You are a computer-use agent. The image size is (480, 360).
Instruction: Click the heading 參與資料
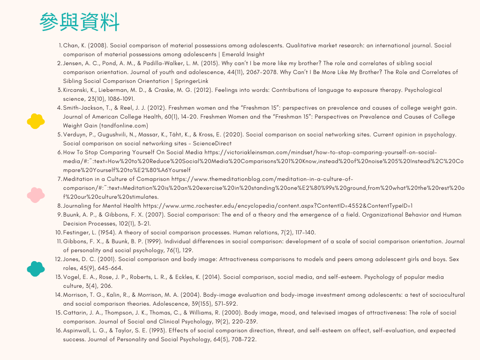point(79,22)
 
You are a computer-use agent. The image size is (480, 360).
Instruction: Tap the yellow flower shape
point(36,121)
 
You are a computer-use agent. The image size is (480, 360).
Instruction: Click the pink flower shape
point(36,194)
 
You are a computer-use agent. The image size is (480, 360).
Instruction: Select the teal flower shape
point(36,268)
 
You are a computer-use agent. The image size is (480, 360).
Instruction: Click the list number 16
point(59,330)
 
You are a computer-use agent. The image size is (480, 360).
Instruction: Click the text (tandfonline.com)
point(123,126)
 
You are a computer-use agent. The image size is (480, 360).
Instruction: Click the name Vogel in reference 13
point(72,277)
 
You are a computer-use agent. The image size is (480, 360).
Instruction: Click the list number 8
point(60,206)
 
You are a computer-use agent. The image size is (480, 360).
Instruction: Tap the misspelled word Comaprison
point(151,179)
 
